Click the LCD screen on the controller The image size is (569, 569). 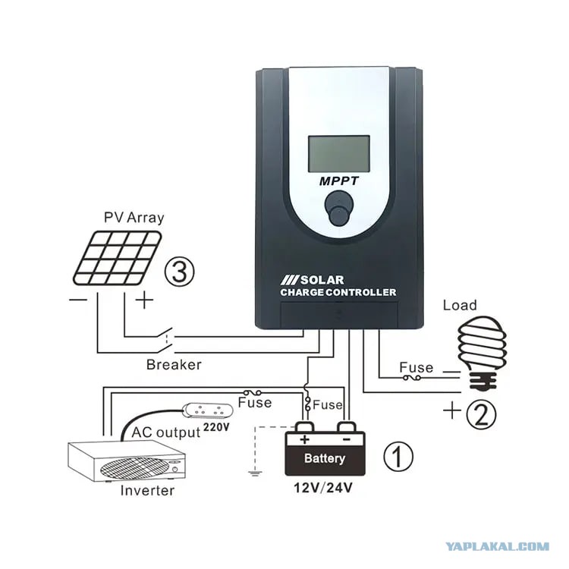coord(339,154)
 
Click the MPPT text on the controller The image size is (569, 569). coord(339,181)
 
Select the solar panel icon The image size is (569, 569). coord(117,258)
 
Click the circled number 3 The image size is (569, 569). coord(180,272)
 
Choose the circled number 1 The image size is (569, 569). coord(398,456)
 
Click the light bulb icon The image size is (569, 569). coord(482,353)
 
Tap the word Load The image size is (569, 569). coord(460,305)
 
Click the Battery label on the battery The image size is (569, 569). coord(325,458)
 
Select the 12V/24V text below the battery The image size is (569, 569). coord(322,488)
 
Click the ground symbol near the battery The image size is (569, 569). coord(255,472)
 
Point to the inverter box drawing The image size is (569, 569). coord(127,461)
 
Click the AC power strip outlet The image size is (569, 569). coord(208,410)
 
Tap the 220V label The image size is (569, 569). coord(216,426)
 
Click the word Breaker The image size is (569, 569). coord(174,365)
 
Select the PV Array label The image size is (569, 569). coord(134,218)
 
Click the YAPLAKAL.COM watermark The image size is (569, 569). coord(497,546)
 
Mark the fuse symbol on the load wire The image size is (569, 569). coord(412,378)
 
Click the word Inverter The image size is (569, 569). coord(147,491)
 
